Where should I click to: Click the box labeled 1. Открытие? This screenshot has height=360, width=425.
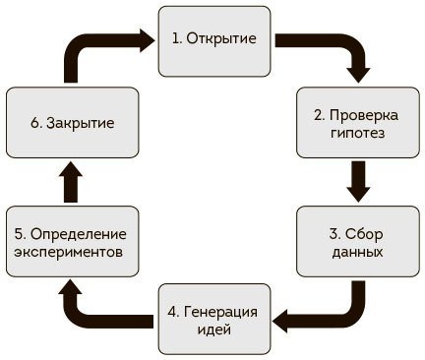[213, 39]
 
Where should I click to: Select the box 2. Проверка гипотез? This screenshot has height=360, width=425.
[356, 123]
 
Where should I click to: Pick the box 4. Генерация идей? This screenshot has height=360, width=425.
[213, 319]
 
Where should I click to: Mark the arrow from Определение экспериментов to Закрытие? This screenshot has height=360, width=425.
[69, 181]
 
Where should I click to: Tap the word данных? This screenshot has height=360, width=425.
[357, 252]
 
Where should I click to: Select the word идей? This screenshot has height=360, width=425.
[212, 329]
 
